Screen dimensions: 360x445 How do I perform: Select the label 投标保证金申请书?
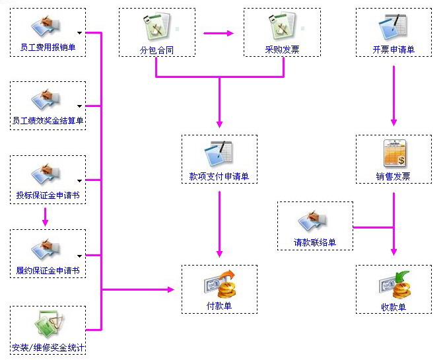[48, 196]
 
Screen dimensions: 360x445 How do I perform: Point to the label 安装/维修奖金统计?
[48, 347]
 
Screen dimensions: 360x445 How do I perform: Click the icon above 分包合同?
[157, 27]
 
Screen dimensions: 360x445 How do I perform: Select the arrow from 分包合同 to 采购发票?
[219, 32]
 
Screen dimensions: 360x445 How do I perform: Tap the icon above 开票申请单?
[394, 28]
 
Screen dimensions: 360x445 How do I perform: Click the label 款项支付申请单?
[219, 176]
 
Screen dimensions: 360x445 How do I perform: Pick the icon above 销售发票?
[394, 154]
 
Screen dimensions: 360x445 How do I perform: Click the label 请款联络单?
[315, 242]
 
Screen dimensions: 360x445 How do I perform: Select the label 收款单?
[394, 306]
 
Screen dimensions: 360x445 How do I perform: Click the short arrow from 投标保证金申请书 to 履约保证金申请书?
[45, 217]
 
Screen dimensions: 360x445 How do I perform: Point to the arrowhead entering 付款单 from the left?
[170, 290]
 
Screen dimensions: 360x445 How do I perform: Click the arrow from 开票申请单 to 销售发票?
[394, 92]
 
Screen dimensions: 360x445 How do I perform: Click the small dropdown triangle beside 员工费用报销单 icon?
[80, 32]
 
